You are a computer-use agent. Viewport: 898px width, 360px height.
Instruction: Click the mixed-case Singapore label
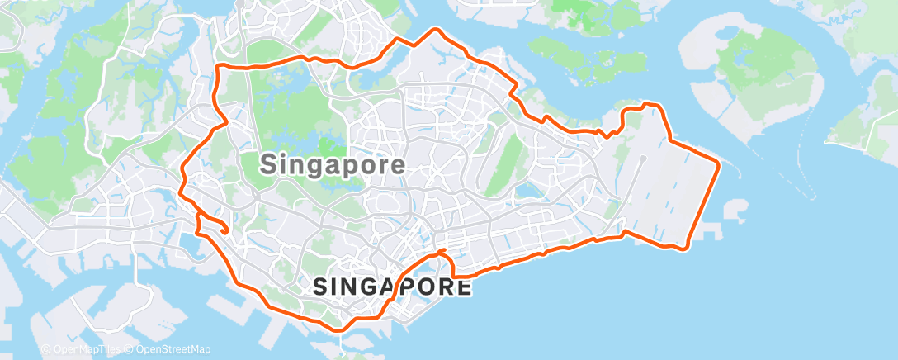point(333,164)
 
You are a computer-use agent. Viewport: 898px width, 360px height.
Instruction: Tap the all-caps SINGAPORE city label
point(393,287)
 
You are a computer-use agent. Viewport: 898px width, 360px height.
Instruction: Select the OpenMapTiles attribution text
point(81,349)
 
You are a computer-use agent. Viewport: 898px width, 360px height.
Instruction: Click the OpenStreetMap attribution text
point(168,349)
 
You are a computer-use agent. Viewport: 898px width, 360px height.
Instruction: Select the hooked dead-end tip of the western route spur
point(224,233)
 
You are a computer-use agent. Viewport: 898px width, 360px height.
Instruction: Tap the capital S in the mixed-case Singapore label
point(269,164)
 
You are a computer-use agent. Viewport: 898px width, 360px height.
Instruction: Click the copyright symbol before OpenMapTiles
point(45,349)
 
